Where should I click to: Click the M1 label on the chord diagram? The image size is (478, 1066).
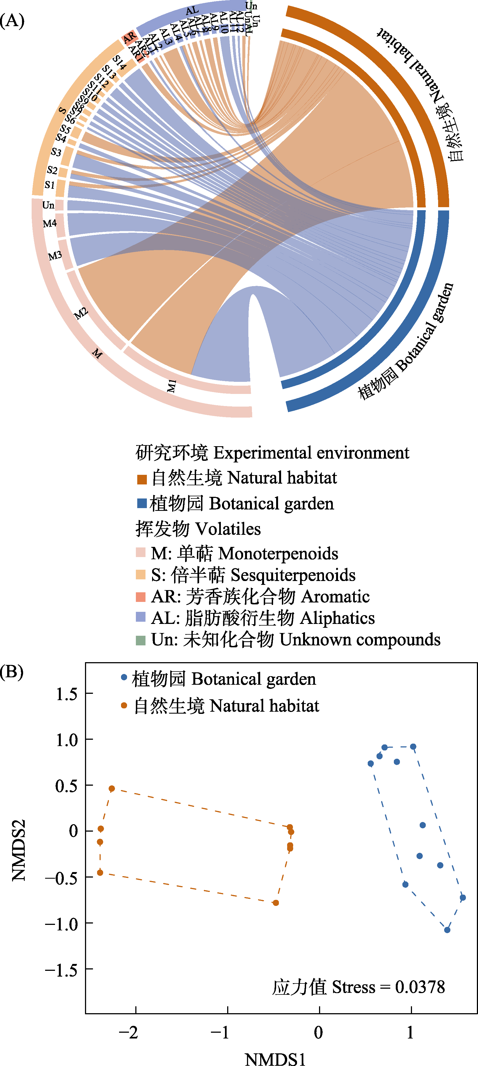(172, 386)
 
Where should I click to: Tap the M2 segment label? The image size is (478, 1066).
(81, 313)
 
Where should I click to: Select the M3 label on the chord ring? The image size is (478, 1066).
(55, 256)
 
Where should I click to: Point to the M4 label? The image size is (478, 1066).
(50, 223)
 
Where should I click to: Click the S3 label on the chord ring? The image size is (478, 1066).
(56, 152)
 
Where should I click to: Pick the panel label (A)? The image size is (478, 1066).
(12, 20)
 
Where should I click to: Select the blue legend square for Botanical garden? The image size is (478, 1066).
(142, 503)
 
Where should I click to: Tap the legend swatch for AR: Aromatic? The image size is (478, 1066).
(141, 597)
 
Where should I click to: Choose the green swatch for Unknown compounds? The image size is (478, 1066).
(141, 640)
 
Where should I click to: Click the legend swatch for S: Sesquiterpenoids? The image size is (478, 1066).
(141, 575)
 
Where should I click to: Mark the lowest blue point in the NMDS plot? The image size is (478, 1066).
(447, 930)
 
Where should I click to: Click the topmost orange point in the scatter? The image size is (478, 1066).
(112, 789)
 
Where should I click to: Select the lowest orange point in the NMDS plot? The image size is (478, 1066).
(276, 903)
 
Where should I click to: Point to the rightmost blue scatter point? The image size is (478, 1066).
(463, 898)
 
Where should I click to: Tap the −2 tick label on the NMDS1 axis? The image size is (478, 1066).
(128, 1032)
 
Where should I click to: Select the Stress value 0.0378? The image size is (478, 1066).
(420, 987)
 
